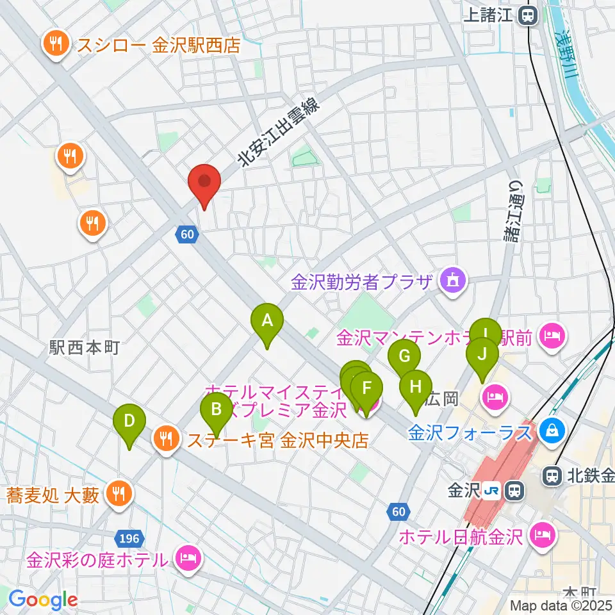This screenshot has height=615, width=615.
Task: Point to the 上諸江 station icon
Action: coord(529,15)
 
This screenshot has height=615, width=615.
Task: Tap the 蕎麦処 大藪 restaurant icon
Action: coord(118,493)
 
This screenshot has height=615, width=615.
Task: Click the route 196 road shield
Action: coord(127,535)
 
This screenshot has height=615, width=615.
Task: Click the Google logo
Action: coord(43,600)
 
